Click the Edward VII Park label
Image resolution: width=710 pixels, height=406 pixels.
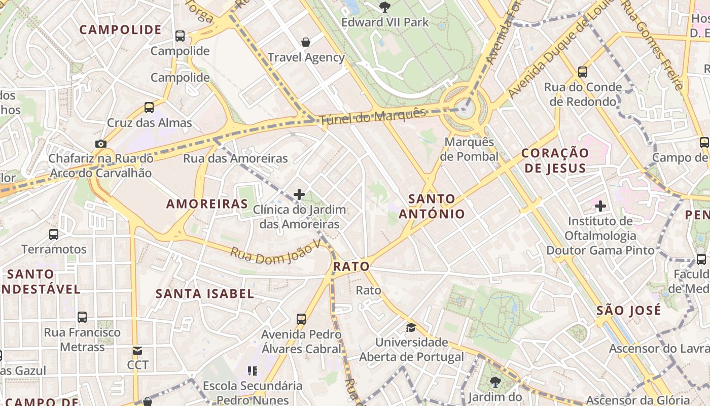coord(385,22)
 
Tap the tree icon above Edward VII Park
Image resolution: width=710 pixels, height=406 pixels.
coord(385,7)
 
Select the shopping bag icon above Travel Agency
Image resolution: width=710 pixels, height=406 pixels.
coord(306,42)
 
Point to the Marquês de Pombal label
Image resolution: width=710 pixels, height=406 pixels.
coord(469,149)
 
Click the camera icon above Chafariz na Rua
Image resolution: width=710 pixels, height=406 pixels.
coord(100,144)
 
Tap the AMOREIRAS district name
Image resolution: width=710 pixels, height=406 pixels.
coord(207,204)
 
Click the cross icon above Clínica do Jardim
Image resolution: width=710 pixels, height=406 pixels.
coord(299,194)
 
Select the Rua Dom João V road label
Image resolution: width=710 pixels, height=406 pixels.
coord(276,251)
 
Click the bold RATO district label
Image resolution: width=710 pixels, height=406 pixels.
coord(351,266)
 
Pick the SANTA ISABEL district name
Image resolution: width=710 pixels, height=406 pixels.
coord(205,293)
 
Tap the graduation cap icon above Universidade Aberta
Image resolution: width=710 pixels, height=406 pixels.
coord(411,327)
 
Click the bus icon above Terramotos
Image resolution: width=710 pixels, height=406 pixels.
coord(54,234)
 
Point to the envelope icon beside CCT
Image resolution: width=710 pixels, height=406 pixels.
coord(137,351)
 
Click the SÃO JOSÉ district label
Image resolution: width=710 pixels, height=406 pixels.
coord(629,310)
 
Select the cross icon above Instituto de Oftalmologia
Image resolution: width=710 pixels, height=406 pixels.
coord(600,206)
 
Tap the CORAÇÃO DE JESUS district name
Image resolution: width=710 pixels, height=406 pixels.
coord(555,160)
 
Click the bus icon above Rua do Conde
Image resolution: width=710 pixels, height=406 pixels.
coord(583,72)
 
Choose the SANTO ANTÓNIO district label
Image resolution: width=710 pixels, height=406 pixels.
coord(432,206)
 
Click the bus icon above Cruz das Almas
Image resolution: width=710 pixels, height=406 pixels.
coord(149,108)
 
